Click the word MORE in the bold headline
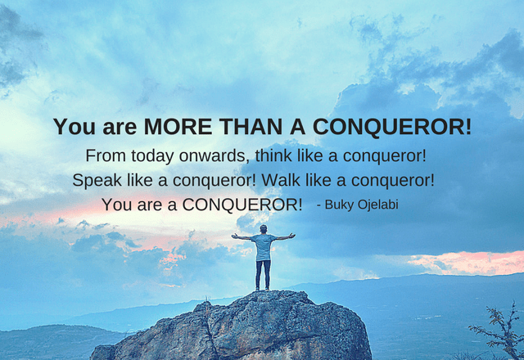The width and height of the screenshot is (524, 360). pos(178,127)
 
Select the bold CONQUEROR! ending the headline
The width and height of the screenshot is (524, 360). pos(392,127)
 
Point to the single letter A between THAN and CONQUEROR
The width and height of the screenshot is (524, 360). pos(297,127)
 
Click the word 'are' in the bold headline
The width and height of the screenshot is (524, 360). pos(120,128)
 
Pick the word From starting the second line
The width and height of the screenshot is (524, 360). pos(106,155)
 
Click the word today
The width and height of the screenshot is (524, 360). pos(153,156)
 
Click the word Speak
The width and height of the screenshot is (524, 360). pos(97,181)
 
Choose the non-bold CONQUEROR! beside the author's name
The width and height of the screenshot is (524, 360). pos(242,205)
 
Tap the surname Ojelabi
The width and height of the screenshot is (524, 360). pos(378,205)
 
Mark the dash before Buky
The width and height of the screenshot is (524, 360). pos(318,205)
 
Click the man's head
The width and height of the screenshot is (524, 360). pos(264,229)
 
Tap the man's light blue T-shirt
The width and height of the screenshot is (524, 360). pos(264,247)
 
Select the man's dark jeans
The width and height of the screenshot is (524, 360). pos(264,274)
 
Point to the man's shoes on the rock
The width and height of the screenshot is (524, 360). pos(262,289)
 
